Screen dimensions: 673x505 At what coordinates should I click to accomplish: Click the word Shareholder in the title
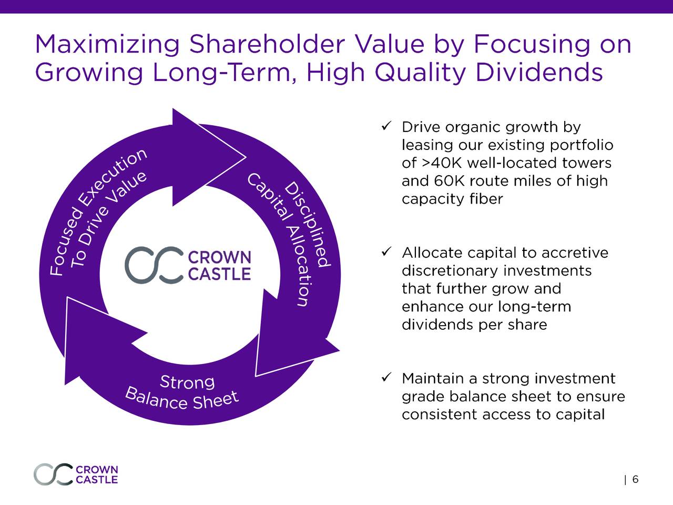click(x=267, y=45)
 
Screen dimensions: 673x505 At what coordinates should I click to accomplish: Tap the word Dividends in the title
click(x=539, y=73)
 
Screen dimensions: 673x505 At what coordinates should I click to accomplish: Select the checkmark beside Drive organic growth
click(x=386, y=126)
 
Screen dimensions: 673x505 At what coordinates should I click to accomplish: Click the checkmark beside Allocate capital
click(x=386, y=252)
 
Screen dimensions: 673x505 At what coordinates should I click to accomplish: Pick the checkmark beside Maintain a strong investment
click(x=386, y=378)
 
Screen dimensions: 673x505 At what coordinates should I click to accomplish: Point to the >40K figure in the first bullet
click(x=442, y=163)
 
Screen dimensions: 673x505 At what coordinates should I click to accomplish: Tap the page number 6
click(x=636, y=479)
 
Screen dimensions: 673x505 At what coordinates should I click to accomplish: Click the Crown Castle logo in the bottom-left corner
click(x=76, y=474)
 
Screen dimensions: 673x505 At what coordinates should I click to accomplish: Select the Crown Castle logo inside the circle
click(x=188, y=265)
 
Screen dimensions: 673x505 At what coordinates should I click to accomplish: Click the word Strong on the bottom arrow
click(x=187, y=382)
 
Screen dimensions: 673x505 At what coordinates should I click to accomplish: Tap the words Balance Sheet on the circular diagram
click(x=182, y=400)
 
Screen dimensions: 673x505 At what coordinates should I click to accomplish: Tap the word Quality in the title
click(x=420, y=73)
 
